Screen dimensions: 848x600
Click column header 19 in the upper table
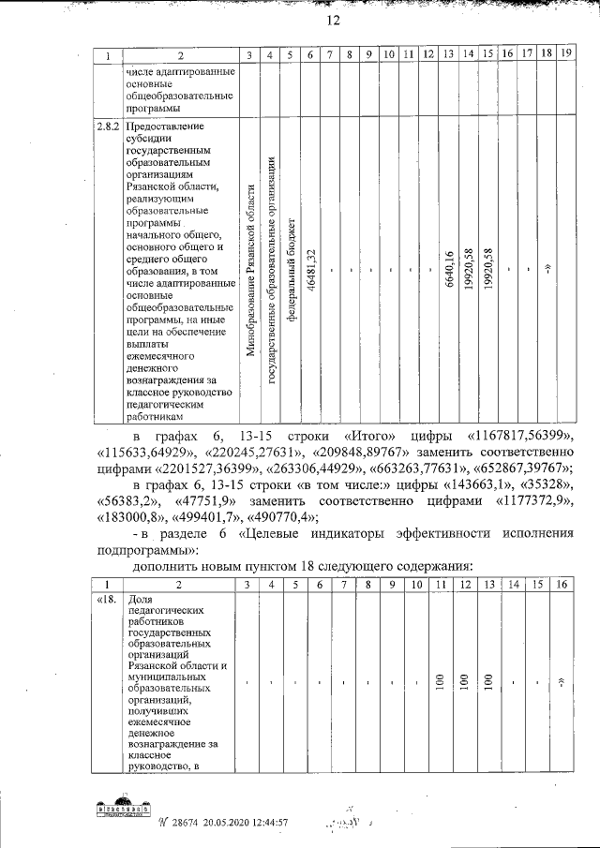[x=564, y=55]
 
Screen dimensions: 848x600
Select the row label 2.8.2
[x=107, y=126]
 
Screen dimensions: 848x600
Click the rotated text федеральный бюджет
[x=292, y=273]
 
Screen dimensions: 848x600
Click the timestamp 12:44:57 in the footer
[x=265, y=822]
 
